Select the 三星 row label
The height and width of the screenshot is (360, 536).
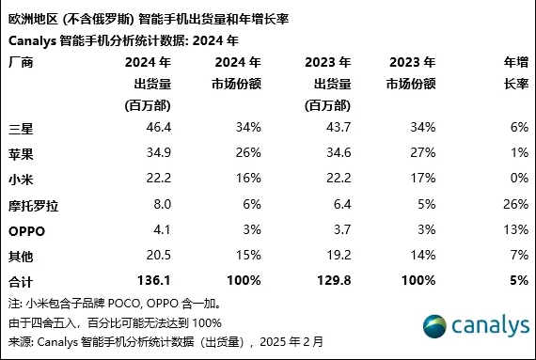[20, 125]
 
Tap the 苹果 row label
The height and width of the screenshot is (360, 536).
[20, 150]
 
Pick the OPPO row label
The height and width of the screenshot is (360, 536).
[27, 229]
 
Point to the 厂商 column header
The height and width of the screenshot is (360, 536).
[20, 63]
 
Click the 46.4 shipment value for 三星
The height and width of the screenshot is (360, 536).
[156, 125]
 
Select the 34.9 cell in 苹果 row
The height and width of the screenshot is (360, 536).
[156, 150]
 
